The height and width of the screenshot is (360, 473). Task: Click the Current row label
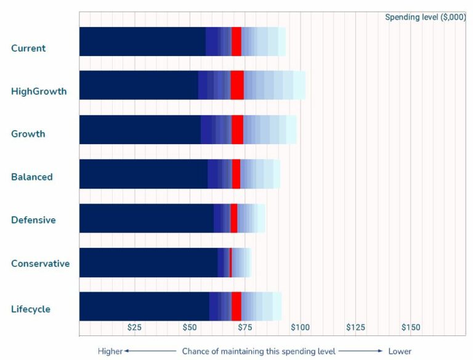(28, 48)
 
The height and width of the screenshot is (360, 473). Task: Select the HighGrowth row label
(39, 92)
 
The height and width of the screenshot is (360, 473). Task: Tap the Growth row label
(28, 134)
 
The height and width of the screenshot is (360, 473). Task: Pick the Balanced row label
(32, 177)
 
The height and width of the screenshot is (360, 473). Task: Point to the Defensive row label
(33, 220)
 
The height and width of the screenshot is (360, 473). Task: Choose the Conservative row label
(40, 264)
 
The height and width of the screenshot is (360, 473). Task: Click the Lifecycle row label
(31, 309)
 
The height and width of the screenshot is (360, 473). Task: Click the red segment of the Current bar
(236, 41)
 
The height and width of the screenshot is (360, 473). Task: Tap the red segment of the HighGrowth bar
(237, 85)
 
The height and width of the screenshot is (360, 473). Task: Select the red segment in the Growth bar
(237, 129)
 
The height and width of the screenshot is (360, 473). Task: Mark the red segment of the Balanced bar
(236, 174)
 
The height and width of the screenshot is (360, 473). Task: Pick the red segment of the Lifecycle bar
(236, 306)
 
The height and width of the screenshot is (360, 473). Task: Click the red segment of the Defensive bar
(233, 218)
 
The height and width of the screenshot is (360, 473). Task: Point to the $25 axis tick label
(134, 327)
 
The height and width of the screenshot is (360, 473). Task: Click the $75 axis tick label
(245, 327)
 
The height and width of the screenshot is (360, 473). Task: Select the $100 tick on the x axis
(300, 327)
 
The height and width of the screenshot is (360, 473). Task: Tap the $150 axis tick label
(410, 327)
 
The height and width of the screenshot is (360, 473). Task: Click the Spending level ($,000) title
(425, 17)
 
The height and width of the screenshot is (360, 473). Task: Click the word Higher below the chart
(110, 351)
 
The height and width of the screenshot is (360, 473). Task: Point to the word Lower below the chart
(400, 351)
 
